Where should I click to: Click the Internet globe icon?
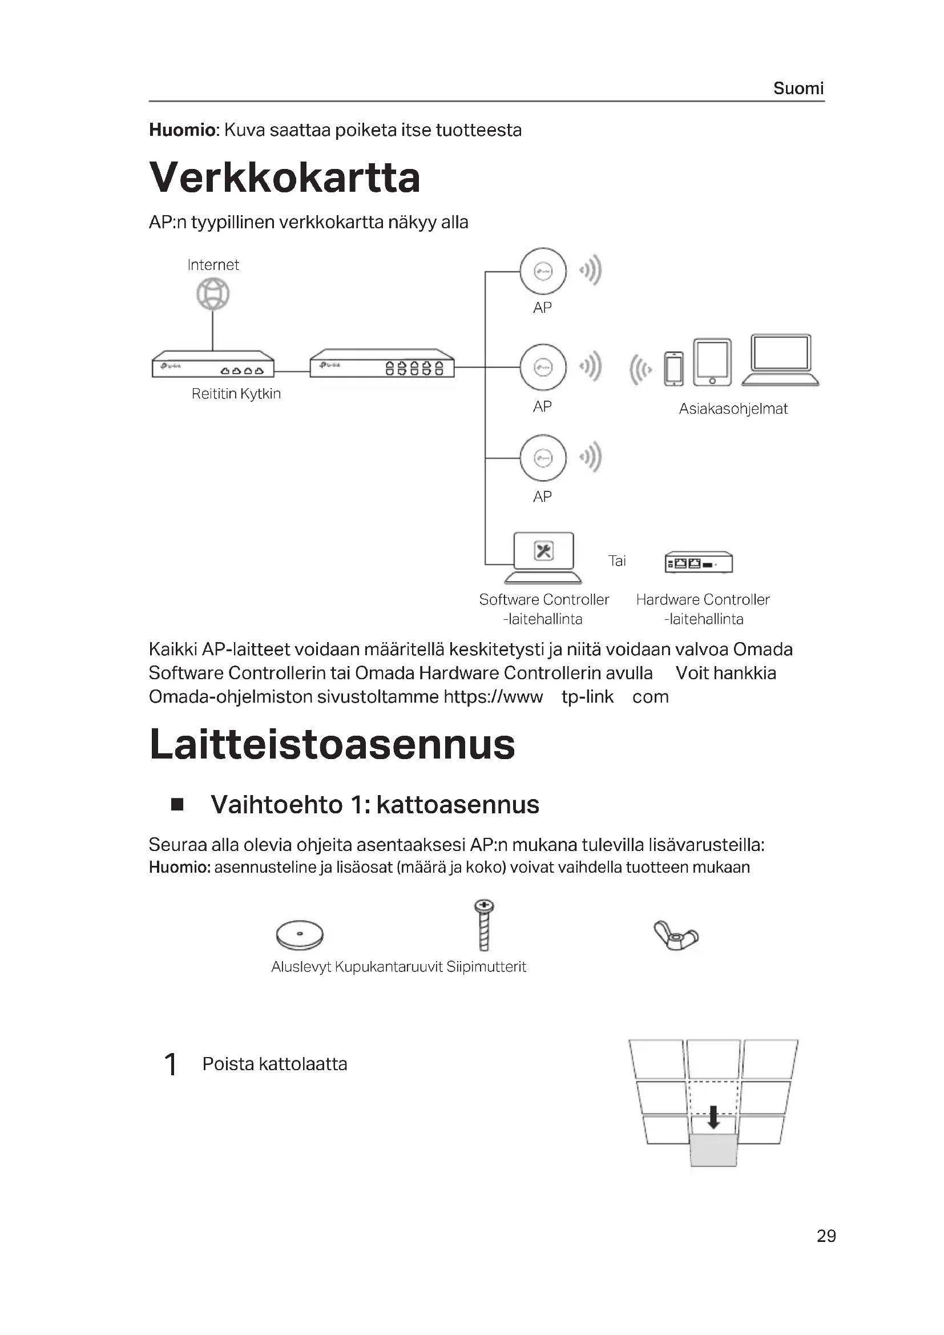click(x=213, y=294)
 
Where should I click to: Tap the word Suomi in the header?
click(x=798, y=88)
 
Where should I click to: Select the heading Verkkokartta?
click(x=284, y=178)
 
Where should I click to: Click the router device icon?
click(x=213, y=365)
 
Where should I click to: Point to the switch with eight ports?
click(x=382, y=364)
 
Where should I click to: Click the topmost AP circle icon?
click(x=543, y=272)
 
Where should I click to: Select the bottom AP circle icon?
click(x=543, y=458)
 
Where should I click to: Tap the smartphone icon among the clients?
click(x=673, y=369)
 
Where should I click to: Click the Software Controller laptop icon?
click(x=543, y=558)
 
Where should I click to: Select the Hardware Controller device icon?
click(x=699, y=562)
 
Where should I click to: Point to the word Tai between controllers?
click(x=617, y=561)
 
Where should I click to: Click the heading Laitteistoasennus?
click(x=332, y=745)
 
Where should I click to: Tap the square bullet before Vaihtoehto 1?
click(x=177, y=805)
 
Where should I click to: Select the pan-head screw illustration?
click(x=483, y=925)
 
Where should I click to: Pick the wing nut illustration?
click(x=676, y=935)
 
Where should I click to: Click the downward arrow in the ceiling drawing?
click(x=713, y=1117)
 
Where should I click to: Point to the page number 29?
click(x=826, y=1236)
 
